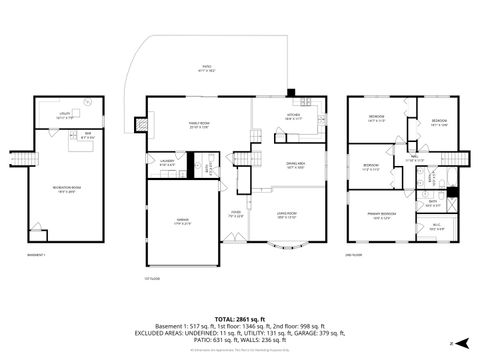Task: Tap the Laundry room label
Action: tap(169, 163)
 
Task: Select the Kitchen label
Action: tap(294, 117)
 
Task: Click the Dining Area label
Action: tap(295, 167)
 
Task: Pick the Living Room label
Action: tap(286, 214)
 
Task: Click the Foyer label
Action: tap(236, 214)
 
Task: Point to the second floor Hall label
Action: tap(412, 158)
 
